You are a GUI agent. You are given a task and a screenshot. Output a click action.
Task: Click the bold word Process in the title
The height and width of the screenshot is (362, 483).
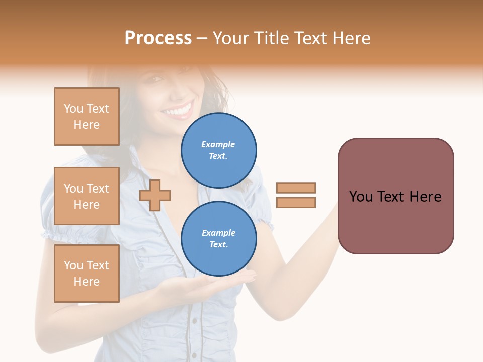[x=158, y=38]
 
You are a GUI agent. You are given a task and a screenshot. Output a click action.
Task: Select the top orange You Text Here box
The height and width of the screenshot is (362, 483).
[x=87, y=117]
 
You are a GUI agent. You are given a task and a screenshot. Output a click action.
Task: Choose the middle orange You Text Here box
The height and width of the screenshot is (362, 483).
[x=87, y=196]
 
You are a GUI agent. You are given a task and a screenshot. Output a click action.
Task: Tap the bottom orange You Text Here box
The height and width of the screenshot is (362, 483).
[x=87, y=274]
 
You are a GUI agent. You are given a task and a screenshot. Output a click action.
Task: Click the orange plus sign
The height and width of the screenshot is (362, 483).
[x=155, y=195]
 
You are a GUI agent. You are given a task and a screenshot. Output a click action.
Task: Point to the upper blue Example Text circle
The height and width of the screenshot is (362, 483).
[x=218, y=150]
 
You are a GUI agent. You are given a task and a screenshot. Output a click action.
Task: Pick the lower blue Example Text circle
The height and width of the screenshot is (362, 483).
[x=218, y=238]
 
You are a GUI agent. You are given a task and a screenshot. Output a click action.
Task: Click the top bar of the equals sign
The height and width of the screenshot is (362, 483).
[x=296, y=188]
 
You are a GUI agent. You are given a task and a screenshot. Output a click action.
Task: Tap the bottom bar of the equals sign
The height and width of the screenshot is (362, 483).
[x=296, y=202]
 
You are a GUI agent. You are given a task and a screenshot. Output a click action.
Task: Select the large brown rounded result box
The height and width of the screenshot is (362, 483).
[x=395, y=196]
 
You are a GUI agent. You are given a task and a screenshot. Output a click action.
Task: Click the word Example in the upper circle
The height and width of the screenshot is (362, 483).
[x=218, y=144]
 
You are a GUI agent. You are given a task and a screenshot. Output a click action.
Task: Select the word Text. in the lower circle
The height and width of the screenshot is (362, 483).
[x=218, y=244]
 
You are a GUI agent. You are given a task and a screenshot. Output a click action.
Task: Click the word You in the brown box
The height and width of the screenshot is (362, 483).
[x=361, y=197]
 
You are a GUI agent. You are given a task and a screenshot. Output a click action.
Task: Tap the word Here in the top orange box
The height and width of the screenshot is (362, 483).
[x=87, y=125]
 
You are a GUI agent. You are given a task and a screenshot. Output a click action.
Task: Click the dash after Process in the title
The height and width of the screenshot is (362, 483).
[x=202, y=39]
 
